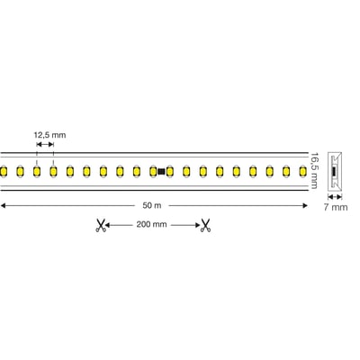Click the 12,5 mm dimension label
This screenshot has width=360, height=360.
[49, 135]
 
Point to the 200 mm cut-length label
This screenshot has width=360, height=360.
[152, 226]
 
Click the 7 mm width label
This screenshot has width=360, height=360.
[336, 208]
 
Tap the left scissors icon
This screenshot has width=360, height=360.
[100, 226]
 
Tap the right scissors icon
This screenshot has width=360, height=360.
[205, 226]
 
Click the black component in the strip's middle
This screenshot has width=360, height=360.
[161, 170]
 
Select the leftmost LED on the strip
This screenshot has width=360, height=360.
[4, 170]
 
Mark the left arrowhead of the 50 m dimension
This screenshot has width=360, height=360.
[4, 206]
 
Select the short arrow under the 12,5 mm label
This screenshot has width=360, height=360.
[44, 146]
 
